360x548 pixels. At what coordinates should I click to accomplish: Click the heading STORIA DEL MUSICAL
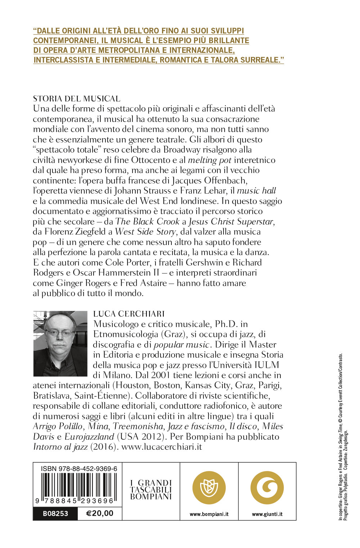click(x=77, y=99)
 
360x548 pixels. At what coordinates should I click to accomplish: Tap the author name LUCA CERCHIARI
click(x=129, y=314)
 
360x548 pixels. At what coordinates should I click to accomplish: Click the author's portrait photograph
click(x=60, y=344)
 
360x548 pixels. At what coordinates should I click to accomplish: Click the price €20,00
click(x=100, y=513)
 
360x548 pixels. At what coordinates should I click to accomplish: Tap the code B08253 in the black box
click(x=55, y=513)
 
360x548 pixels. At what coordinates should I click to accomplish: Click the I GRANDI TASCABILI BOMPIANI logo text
click(x=151, y=490)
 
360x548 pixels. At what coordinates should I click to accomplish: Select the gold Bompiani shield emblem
click(x=209, y=488)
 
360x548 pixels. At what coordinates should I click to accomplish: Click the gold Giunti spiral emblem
click(x=267, y=488)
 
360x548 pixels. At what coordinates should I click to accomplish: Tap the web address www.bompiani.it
click(x=209, y=514)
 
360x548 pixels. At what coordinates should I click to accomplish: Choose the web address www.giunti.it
click(x=267, y=514)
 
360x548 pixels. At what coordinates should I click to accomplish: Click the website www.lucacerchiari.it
click(x=162, y=447)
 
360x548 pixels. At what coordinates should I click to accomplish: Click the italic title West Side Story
click(x=145, y=232)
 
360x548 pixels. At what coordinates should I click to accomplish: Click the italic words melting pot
click(x=210, y=160)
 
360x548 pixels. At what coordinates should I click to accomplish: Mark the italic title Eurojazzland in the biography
click(x=89, y=437)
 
